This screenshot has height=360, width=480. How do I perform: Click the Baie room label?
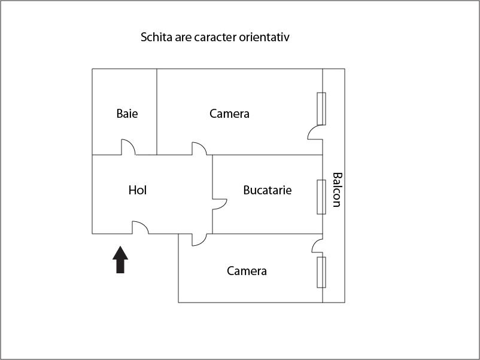pyautogui.click(x=127, y=114)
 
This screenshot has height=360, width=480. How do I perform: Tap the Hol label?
pyautogui.click(x=138, y=190)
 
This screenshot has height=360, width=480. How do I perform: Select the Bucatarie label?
pyautogui.click(x=268, y=190)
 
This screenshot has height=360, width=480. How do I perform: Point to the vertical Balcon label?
pyautogui.click(x=337, y=190)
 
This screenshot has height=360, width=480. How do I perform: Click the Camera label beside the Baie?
pyautogui.click(x=229, y=114)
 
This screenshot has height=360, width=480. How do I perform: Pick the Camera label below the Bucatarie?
pyautogui.click(x=247, y=271)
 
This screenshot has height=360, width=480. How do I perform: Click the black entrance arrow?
pyautogui.click(x=120, y=260)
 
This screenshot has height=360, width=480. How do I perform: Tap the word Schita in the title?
pyautogui.click(x=156, y=37)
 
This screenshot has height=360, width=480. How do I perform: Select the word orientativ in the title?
pyautogui.click(x=264, y=37)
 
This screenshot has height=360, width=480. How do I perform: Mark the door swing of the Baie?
pyautogui.click(x=128, y=147)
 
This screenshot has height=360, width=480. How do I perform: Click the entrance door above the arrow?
pyautogui.click(x=140, y=228)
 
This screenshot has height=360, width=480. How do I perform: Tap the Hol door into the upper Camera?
pyautogui.click(x=199, y=149)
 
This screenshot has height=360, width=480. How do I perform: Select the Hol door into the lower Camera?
pyautogui.click(x=199, y=240)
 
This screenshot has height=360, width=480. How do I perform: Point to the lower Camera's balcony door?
pyautogui.click(x=317, y=246)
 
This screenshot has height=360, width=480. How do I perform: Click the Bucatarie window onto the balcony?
pyautogui.click(x=321, y=197)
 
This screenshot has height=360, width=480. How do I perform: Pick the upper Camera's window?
pyautogui.click(x=321, y=109)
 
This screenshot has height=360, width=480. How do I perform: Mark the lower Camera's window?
pyautogui.click(x=321, y=272)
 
